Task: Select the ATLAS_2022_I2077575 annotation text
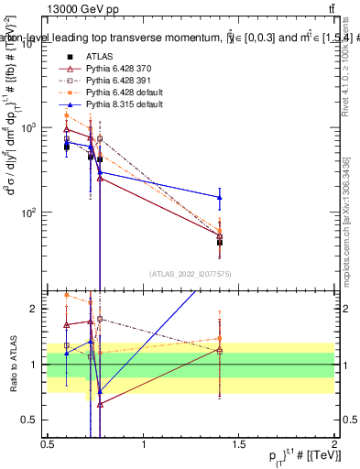tap(191, 273)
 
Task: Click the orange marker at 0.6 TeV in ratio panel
tap(67, 295)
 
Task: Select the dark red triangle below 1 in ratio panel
tap(100, 404)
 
